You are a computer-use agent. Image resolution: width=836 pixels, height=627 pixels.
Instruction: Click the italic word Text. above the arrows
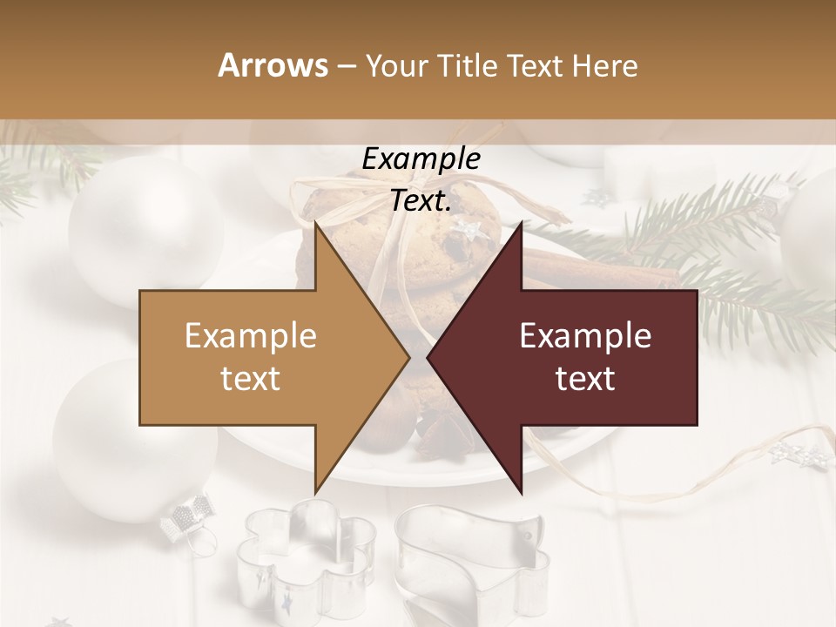coord(421,200)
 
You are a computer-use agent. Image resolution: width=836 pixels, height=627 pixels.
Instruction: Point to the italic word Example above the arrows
coord(421,159)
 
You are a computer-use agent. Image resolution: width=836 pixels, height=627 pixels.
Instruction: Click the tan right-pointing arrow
coord(261,357)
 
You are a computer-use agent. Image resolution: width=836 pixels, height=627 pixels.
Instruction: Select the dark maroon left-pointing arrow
coord(575,357)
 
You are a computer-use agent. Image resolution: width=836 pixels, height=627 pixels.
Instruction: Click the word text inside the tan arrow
coord(250,378)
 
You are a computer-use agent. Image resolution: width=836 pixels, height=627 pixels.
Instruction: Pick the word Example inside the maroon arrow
coord(585,336)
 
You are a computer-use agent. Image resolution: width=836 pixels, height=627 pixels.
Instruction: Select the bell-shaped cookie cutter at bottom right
coord(470,557)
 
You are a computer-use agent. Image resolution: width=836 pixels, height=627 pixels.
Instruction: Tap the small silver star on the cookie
coord(468,230)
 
